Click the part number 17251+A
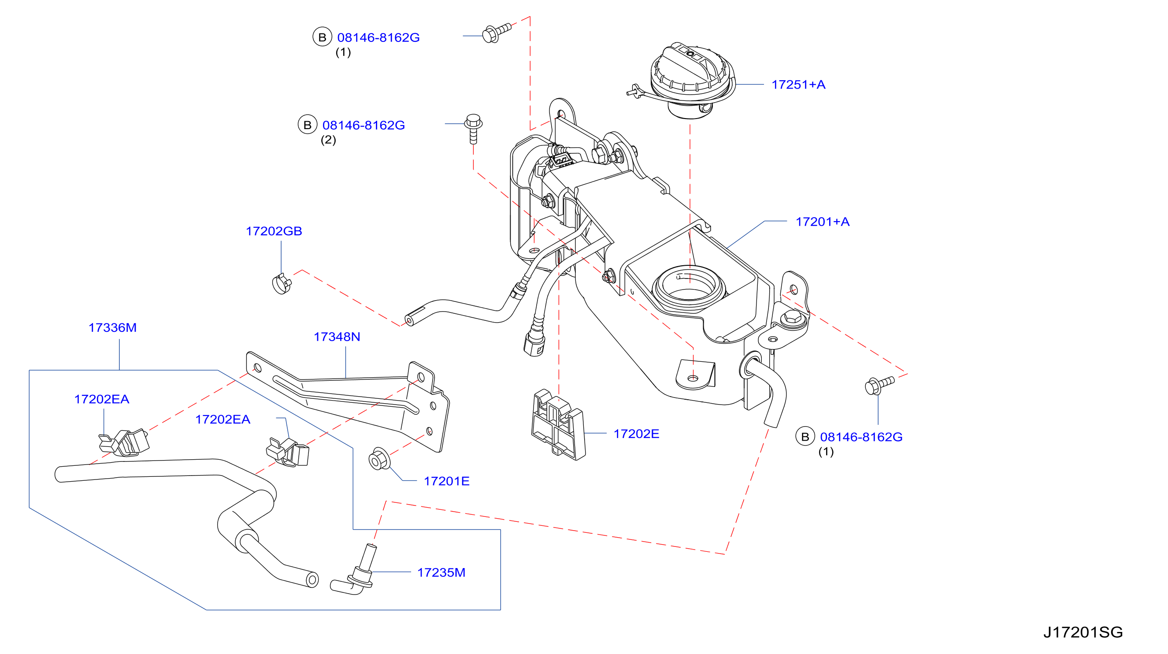pos(798,85)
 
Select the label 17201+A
pos(823,222)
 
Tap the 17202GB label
pos(274,231)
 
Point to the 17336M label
pos(112,327)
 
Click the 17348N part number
pos(337,337)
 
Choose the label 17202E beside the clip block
pos(636,434)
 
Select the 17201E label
pos(447,481)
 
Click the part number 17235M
pos(441,572)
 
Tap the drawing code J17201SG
pos(1083,632)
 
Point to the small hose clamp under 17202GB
pos(282,283)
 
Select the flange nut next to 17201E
pos(379,459)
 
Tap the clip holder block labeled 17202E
pos(558,424)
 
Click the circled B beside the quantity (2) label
pos(308,125)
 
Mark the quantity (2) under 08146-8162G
pos(328,140)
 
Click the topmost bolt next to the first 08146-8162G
pos(497,33)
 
